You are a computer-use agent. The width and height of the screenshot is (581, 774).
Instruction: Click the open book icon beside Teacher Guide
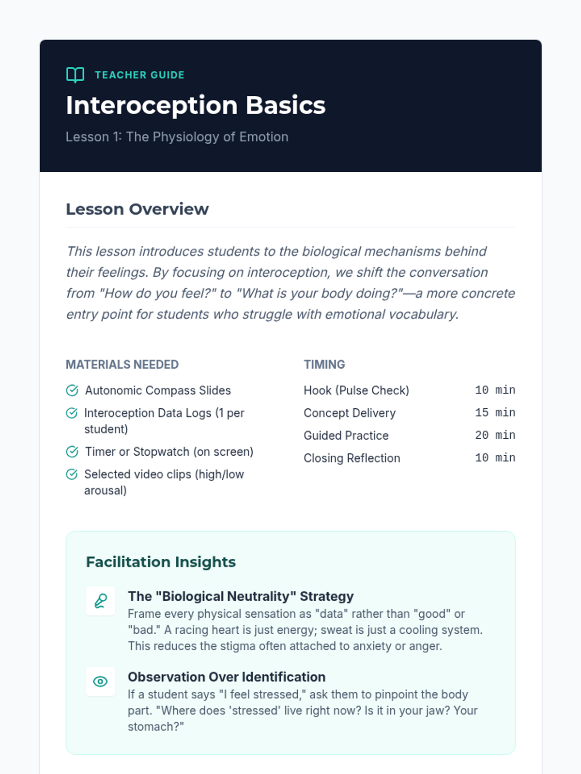pos(75,75)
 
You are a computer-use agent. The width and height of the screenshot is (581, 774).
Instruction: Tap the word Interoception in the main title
pos(152,105)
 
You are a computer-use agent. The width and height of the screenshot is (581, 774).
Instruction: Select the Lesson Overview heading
pos(137,209)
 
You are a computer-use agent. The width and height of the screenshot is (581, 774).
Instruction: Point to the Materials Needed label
pos(122,364)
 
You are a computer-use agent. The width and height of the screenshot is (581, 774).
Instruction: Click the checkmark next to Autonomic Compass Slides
pos(72,390)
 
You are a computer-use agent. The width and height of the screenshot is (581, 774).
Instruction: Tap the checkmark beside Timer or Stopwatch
pos(72,452)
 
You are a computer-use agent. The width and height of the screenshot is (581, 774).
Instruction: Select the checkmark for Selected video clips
pos(72,474)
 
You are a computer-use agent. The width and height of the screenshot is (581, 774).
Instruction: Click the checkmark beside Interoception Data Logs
pos(72,413)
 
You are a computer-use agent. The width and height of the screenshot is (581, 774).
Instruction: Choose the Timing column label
pos(324,364)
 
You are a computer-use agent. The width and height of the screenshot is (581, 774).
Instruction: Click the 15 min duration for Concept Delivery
pos(495,413)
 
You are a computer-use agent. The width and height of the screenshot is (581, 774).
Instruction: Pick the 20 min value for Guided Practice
pos(495,435)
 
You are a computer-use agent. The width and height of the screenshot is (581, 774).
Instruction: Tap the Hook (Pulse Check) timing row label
pos(356,390)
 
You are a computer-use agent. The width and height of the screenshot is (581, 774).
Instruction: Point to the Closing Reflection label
pos(352,458)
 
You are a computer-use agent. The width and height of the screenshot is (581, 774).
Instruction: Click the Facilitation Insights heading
pos(161,562)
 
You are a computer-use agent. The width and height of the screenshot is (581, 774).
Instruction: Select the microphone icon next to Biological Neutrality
pos(100,601)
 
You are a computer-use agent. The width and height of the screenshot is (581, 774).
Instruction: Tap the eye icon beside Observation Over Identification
pos(100,682)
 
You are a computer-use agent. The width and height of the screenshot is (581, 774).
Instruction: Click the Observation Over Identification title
pos(227,677)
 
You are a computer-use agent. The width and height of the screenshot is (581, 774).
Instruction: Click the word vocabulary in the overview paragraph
pos(423,314)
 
